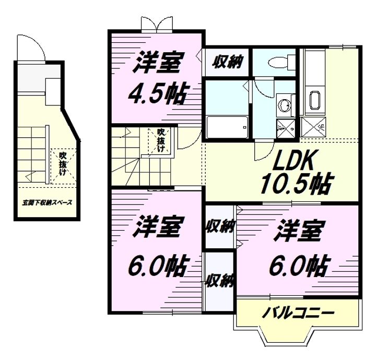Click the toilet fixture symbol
[x=283, y=62]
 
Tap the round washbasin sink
[x=285, y=105]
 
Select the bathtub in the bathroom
[x=227, y=127]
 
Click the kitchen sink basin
[x=315, y=100]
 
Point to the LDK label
[x=293, y=159]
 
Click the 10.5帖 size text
[x=297, y=183]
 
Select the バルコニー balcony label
[x=298, y=313]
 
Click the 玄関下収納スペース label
[x=47, y=202]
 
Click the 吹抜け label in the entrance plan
[x=63, y=164]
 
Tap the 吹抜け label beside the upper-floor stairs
[x=160, y=140]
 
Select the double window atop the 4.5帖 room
[x=157, y=25]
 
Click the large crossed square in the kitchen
[x=313, y=127]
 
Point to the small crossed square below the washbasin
[x=286, y=128]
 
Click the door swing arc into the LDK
[x=189, y=140]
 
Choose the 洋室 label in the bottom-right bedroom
[x=298, y=231]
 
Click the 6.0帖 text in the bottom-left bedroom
[x=157, y=266]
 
